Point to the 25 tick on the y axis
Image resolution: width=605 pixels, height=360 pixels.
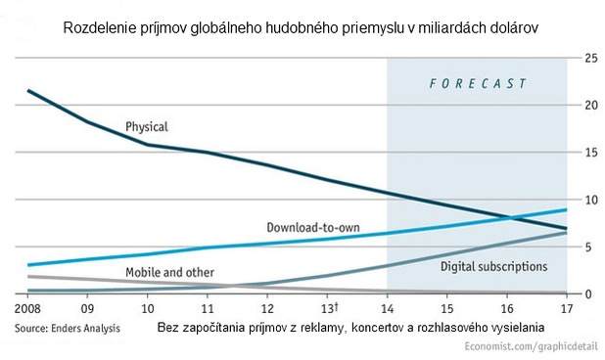[x=590, y=59]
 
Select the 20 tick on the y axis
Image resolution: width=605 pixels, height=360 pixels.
[x=590, y=106]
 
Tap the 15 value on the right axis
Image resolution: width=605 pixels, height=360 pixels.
[x=590, y=153]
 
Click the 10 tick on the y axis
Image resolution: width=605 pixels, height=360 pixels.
[x=590, y=200]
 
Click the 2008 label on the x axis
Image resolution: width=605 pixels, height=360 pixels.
[x=28, y=309]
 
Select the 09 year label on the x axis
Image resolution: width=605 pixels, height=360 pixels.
[x=88, y=309]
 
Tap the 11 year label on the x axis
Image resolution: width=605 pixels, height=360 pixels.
[x=208, y=309]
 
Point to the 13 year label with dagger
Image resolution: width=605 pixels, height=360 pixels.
[x=329, y=309]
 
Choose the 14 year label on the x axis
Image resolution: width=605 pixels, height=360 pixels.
[x=388, y=309]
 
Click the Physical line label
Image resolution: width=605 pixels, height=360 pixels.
[x=147, y=126]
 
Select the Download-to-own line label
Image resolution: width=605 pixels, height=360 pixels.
[x=313, y=228]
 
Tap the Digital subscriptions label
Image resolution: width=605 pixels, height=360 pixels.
[x=492, y=266]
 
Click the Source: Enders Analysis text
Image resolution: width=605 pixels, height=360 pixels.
[x=68, y=329]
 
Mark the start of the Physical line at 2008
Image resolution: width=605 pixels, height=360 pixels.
[x=28, y=91]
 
